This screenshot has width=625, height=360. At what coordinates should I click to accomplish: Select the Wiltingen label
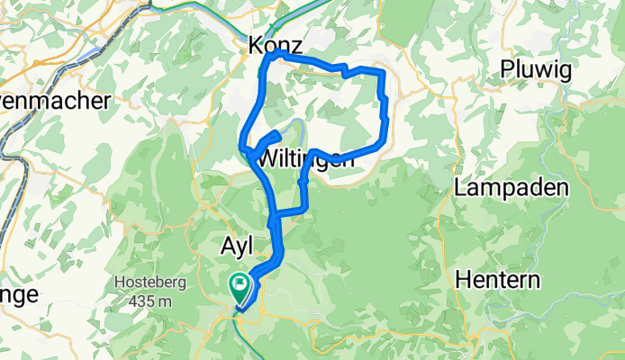tap(305, 157)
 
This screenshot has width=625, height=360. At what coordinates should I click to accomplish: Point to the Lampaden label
tap(512, 189)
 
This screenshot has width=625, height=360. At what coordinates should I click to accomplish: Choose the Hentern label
tap(498, 279)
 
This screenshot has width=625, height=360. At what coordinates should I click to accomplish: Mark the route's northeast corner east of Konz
tap(383, 71)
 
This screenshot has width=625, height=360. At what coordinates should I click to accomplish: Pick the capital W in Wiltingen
tap(267, 157)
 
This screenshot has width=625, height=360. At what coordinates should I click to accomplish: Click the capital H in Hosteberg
tap(118, 283)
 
